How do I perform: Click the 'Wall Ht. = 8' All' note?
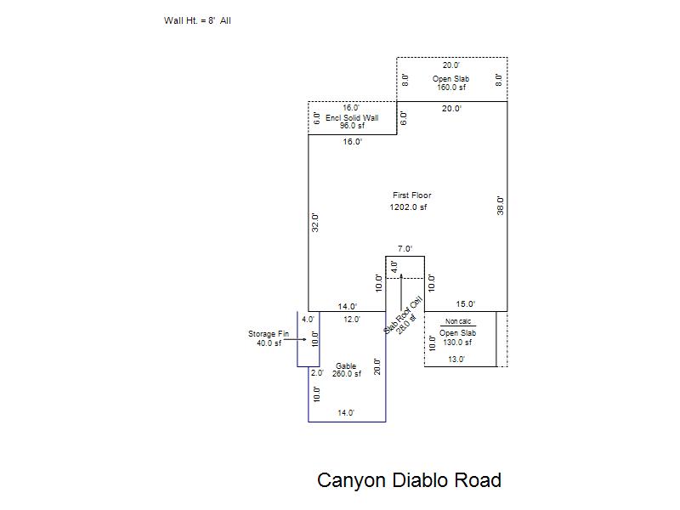[x=197, y=20]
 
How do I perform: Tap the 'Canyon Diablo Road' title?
[x=409, y=480]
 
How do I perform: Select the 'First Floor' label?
[x=412, y=195]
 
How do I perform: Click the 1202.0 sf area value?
[x=408, y=207]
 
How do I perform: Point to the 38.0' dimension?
[x=500, y=206]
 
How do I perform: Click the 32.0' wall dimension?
[x=315, y=223]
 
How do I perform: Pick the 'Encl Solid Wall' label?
[x=352, y=117]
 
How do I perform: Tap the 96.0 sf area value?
[x=352, y=125]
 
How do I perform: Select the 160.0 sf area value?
[x=451, y=87]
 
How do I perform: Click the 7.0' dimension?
[x=405, y=248]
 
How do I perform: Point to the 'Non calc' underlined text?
[x=458, y=321]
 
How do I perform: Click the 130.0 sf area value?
[x=457, y=342]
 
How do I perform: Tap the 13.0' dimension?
[x=456, y=359]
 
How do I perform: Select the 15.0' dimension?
[x=465, y=304]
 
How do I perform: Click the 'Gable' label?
[x=346, y=366]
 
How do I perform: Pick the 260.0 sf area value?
[x=347, y=373]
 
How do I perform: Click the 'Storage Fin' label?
[x=269, y=333]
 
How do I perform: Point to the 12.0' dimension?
[x=352, y=320]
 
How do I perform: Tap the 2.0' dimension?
[x=317, y=372]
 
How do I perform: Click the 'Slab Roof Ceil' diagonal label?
[x=403, y=314]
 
